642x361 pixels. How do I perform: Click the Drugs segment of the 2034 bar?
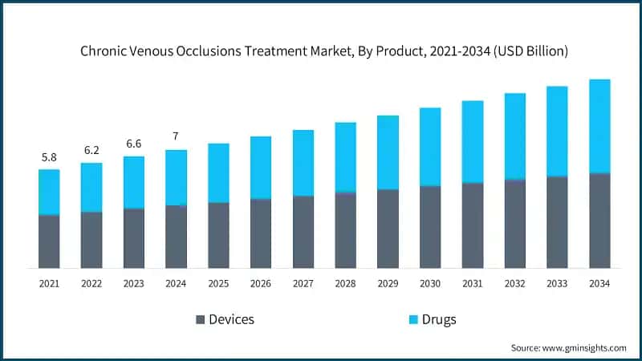tap(599, 126)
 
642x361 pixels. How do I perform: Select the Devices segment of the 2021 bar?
tap(49, 241)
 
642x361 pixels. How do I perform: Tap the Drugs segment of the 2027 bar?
tap(303, 163)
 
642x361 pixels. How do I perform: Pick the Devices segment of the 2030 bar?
tap(430, 227)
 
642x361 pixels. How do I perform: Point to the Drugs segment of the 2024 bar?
tap(176, 177)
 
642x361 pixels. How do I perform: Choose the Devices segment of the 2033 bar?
tap(557, 222)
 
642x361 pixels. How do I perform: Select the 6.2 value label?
tap(91, 151)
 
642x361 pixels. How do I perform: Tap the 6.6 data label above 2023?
tap(134, 144)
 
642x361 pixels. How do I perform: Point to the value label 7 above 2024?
tap(176, 137)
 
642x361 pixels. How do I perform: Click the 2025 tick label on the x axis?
tap(218, 283)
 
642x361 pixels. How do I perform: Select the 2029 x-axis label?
tap(388, 283)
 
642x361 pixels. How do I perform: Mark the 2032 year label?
tap(514, 283)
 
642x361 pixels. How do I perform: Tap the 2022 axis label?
tap(91, 283)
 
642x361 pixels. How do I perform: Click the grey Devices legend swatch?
tap(199, 319)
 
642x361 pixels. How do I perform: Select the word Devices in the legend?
tap(231, 319)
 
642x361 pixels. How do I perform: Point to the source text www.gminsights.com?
tap(585, 347)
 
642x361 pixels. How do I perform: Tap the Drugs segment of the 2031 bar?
tap(473, 141)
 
